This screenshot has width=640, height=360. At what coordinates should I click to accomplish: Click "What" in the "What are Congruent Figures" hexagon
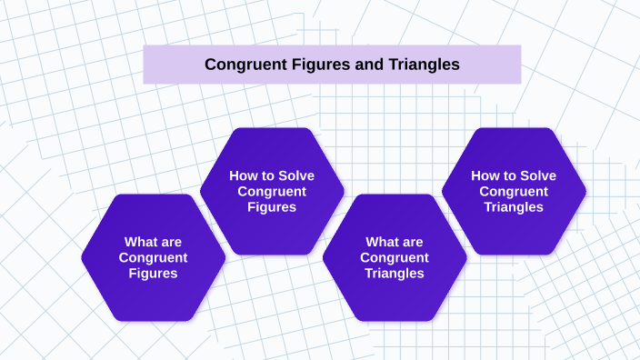tap(141, 242)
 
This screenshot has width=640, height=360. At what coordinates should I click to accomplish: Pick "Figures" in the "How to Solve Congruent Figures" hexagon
tap(272, 206)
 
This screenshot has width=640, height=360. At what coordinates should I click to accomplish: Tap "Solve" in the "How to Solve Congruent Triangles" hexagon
tap(537, 175)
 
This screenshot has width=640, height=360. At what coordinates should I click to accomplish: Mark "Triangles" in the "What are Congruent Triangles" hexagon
tap(395, 273)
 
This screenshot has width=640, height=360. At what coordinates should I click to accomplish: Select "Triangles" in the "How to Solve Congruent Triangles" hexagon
tap(514, 206)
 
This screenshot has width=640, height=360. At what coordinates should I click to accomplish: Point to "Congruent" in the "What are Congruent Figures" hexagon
tap(153, 257)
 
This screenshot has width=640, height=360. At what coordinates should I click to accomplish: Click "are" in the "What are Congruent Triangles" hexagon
tap(412, 242)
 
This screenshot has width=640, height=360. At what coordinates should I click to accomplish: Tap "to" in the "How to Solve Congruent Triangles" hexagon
tap(509, 175)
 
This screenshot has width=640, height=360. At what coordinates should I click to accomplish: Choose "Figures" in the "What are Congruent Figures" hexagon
tap(153, 273)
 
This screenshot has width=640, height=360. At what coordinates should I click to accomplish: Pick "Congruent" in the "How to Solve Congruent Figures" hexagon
tap(272, 191)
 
